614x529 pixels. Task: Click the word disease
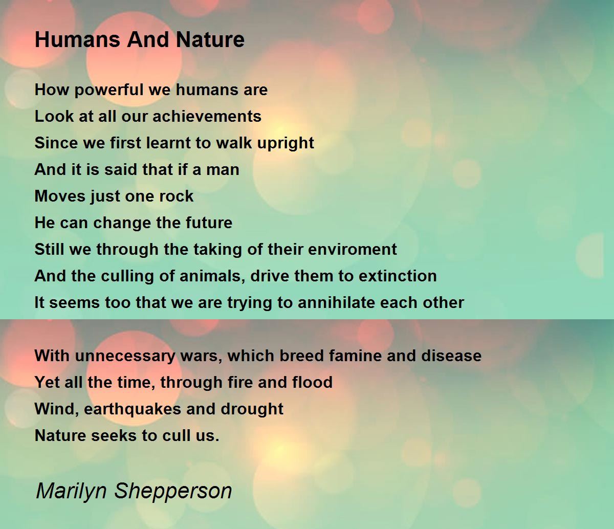pyautogui.click(x=451, y=356)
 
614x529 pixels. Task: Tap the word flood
pyautogui.click(x=313, y=382)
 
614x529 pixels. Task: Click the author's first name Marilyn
pyautogui.click(x=72, y=491)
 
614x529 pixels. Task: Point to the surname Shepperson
pyautogui.click(x=173, y=491)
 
